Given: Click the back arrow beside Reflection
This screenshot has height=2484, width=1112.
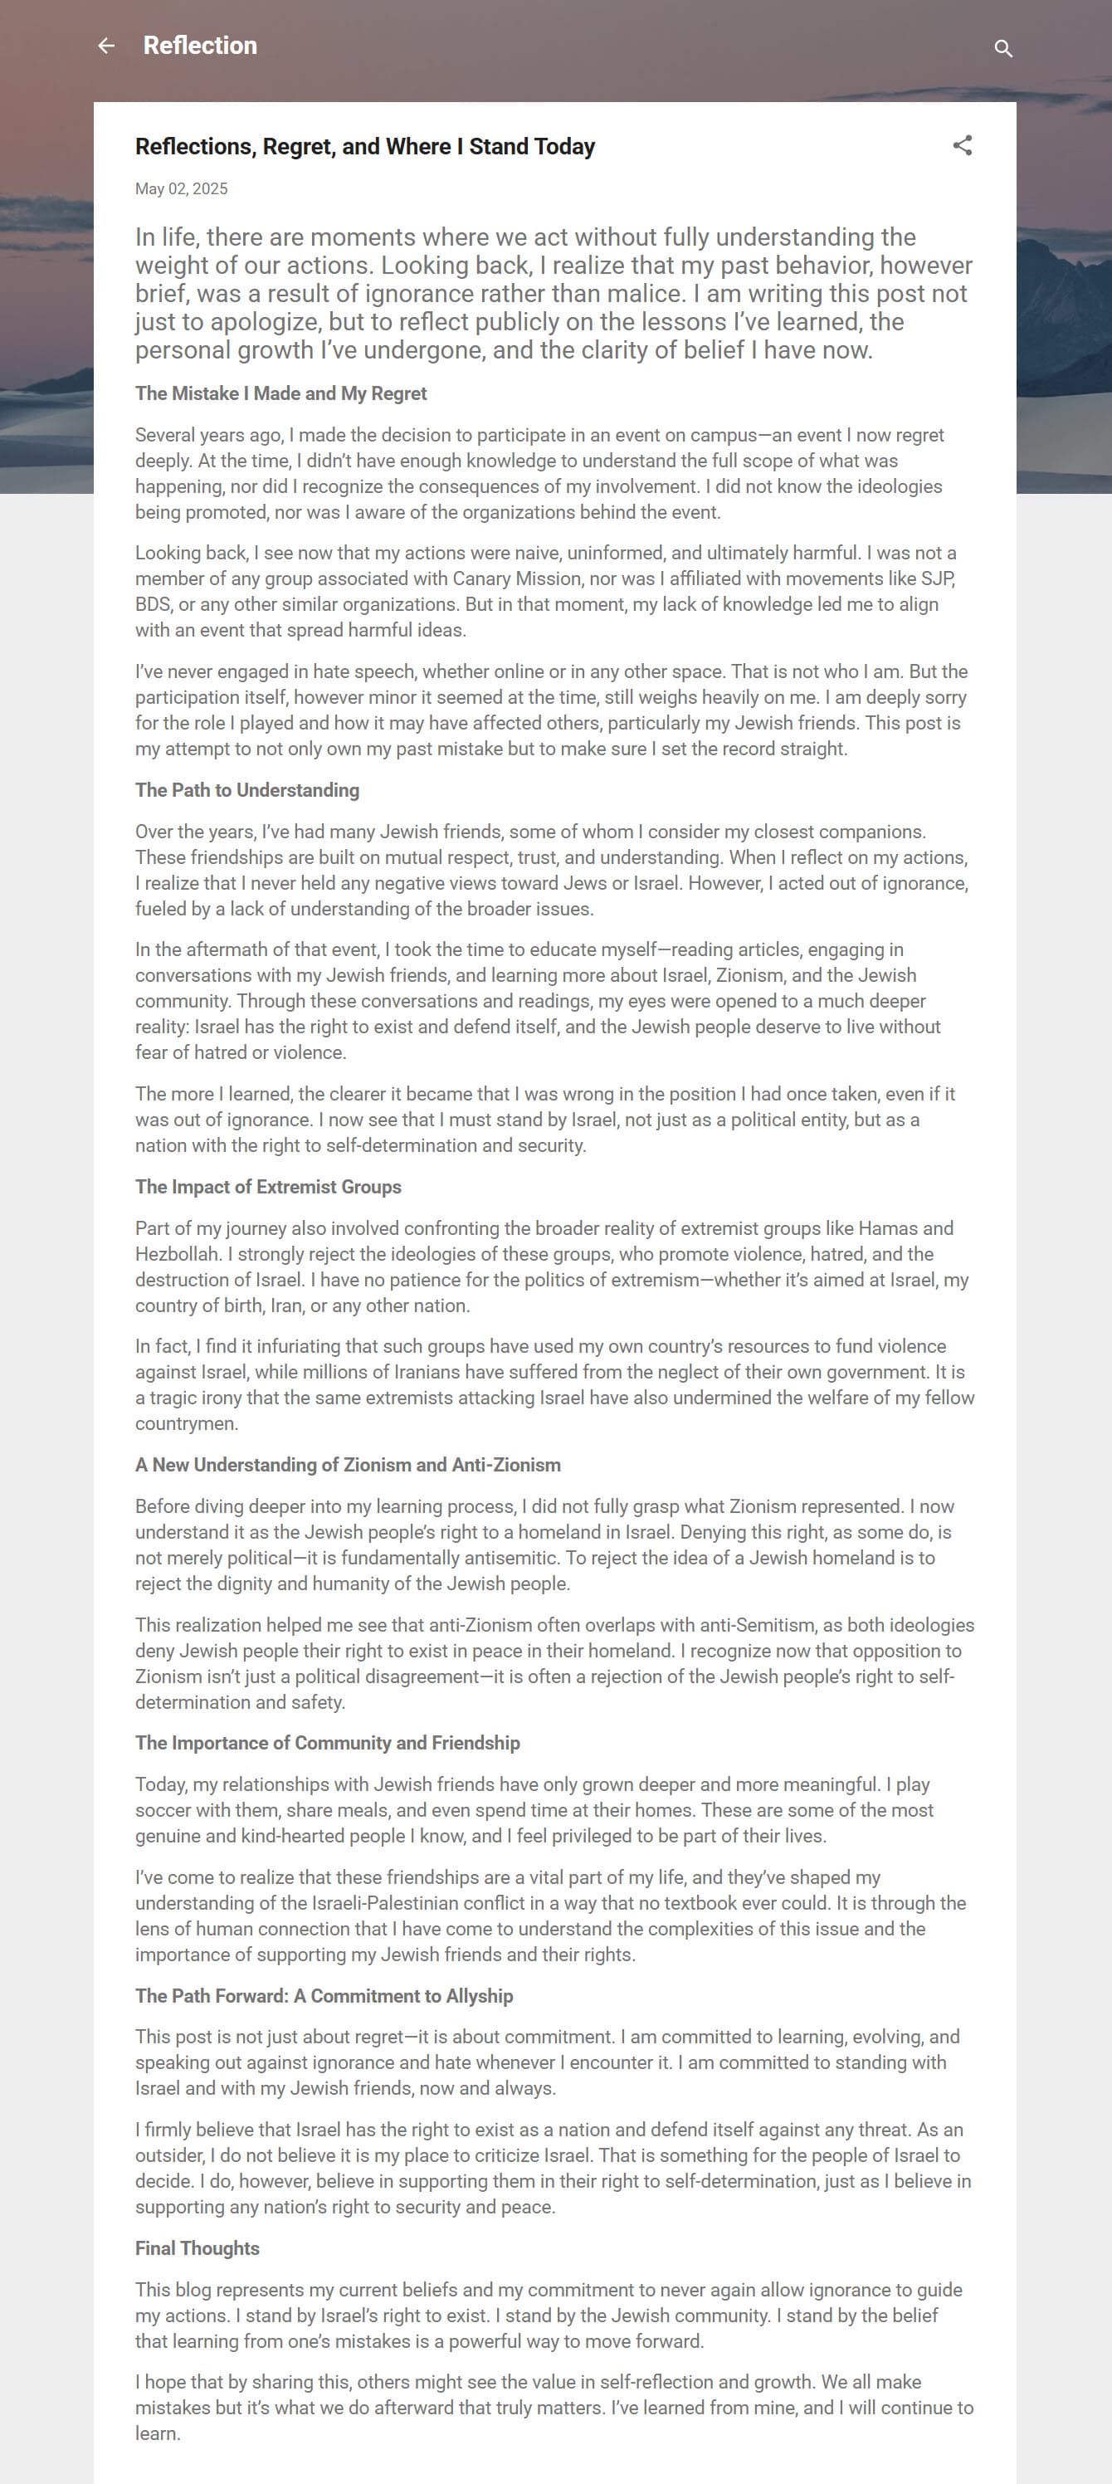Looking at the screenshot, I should (106, 46).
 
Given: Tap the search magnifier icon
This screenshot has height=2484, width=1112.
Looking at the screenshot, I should (1003, 48).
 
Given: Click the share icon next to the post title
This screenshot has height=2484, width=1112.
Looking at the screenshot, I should (962, 145).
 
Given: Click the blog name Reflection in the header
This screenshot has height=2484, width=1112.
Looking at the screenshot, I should (200, 46).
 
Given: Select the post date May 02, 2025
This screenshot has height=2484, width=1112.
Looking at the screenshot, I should (181, 189).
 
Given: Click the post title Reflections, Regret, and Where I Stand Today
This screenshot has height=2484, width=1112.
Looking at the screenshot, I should (364, 147).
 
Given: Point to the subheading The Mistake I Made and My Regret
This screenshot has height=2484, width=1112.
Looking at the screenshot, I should (280, 393).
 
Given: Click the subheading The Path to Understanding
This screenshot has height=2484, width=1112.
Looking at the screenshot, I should (247, 790).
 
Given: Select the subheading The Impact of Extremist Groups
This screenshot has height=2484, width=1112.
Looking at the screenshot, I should (268, 1187).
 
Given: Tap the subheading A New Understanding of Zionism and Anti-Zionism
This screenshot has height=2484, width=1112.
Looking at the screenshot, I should (347, 1465).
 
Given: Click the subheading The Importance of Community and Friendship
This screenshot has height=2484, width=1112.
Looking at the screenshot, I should (327, 1743).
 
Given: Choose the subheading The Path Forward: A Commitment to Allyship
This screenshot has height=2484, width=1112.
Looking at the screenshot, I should (324, 1996).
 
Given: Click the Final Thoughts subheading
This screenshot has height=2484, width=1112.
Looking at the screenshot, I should (197, 2249).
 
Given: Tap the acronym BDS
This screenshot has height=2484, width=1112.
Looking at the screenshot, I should (151, 604).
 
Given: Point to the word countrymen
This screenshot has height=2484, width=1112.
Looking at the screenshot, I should (186, 1424).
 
